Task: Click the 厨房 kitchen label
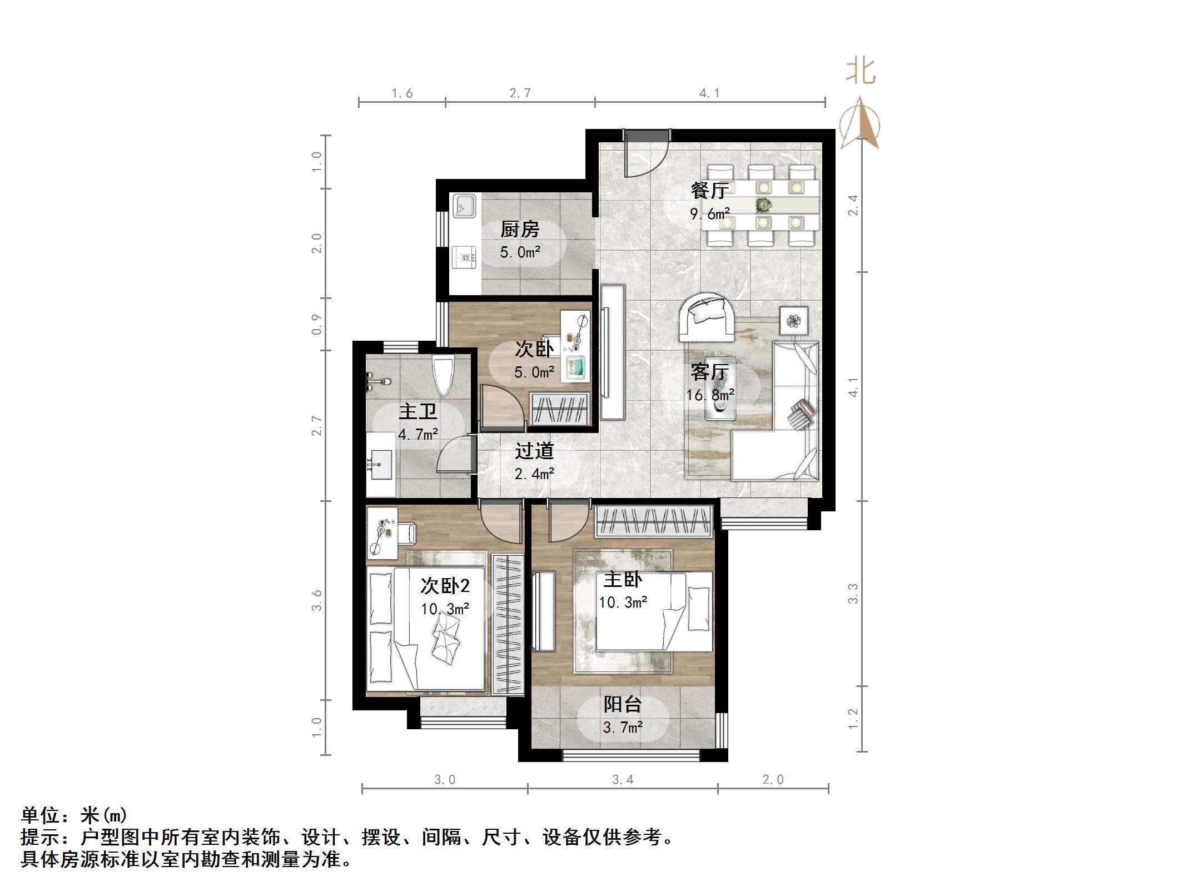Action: [x=519, y=229]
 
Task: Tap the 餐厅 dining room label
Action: [x=709, y=191]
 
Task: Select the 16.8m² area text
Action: [x=710, y=395]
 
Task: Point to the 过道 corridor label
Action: [x=534, y=451]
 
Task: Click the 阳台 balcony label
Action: [x=623, y=704]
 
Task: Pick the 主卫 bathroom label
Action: [x=417, y=411]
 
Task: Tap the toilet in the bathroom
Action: [x=443, y=375]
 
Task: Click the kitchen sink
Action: [x=464, y=206]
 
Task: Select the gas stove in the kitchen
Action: [x=464, y=257]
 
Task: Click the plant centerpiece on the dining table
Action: [x=764, y=205]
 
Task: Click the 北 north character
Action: [x=861, y=72]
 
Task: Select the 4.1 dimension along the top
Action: [x=709, y=93]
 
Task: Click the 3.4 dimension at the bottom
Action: [x=623, y=780]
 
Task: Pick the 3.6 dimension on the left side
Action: [x=317, y=600]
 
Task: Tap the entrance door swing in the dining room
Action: [x=645, y=156]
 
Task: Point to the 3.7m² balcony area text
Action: [x=623, y=727]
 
